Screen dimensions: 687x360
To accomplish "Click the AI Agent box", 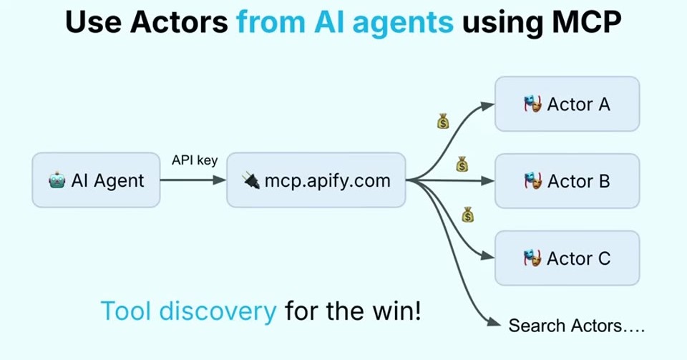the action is [96, 180].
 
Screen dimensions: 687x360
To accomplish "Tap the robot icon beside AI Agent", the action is [57, 180].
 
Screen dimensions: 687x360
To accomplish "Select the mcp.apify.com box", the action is [316, 180].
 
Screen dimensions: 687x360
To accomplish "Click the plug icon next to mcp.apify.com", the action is [251, 180].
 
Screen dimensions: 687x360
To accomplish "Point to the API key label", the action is [195, 160].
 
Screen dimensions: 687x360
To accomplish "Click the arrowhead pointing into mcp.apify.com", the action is [220, 180].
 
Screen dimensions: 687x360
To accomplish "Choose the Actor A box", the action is [567, 104].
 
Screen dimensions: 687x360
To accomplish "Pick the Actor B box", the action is [567, 181].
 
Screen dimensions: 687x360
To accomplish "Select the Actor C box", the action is [567, 258].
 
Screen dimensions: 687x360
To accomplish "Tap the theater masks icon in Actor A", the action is [532, 104].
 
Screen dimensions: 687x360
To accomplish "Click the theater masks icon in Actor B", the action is [532, 181].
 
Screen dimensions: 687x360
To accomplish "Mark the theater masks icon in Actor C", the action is [532, 258].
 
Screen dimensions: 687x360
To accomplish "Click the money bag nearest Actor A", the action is [444, 122].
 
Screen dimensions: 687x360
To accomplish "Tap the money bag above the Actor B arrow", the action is [462, 164].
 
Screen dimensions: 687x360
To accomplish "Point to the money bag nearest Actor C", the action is [468, 215].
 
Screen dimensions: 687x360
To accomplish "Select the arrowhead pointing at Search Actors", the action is [494, 323].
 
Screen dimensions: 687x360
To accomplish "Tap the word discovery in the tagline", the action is [218, 311].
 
